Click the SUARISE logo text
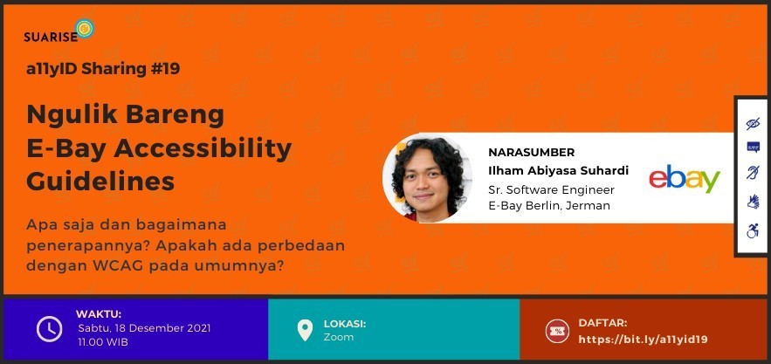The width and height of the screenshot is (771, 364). (x=51, y=37)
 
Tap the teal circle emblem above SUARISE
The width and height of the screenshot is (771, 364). (x=85, y=29)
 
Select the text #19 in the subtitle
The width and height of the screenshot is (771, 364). (x=165, y=69)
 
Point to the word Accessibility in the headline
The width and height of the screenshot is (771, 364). (x=203, y=148)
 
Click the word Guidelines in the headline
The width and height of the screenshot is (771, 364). (x=100, y=181)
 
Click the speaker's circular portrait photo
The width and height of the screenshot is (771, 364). (x=427, y=178)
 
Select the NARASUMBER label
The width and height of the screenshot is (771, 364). (x=531, y=153)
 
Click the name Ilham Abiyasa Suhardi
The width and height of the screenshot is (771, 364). (x=559, y=171)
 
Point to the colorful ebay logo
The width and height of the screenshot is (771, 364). (x=685, y=179)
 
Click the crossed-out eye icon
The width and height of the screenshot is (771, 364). (x=753, y=123)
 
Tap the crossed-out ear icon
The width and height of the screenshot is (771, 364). (x=753, y=173)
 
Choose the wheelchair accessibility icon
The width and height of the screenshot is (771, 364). (x=753, y=230)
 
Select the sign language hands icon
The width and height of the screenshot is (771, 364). (x=753, y=202)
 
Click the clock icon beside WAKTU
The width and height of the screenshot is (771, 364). (x=49, y=329)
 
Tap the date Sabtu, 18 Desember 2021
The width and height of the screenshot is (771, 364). (x=144, y=328)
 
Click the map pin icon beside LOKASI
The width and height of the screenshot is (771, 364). (x=305, y=330)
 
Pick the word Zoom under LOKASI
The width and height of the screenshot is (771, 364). (x=338, y=337)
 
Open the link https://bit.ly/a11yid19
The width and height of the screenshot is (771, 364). (x=643, y=340)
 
